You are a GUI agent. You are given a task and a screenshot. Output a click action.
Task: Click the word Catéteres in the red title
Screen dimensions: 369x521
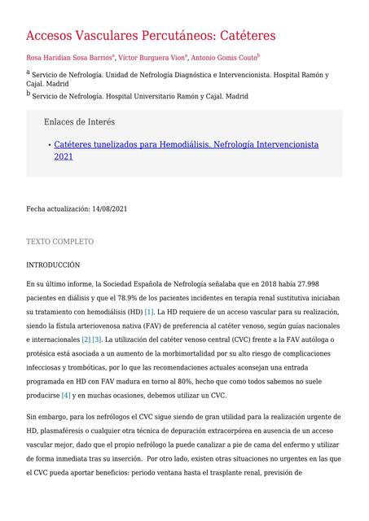(235, 36)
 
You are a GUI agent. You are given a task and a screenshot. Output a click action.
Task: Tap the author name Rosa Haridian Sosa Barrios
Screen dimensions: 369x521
(69, 58)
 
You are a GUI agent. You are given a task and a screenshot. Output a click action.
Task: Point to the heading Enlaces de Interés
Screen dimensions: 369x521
(79, 122)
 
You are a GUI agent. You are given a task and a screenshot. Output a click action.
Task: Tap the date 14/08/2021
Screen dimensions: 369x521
(109, 209)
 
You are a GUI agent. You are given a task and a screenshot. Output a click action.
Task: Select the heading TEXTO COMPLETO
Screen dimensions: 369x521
(59, 242)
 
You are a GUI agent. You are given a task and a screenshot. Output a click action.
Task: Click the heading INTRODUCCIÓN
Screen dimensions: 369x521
(53, 265)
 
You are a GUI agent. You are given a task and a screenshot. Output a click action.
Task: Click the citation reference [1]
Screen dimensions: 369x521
(149, 313)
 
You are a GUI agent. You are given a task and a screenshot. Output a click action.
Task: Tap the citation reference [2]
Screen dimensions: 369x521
(86, 339)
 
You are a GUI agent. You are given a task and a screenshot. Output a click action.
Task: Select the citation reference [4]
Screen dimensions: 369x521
(66, 396)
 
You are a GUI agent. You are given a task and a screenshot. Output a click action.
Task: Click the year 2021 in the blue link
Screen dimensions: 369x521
(64, 156)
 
